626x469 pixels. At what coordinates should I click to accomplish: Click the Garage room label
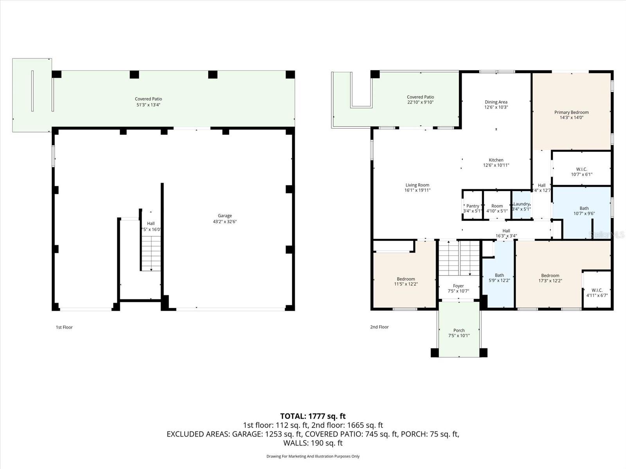click(225, 216)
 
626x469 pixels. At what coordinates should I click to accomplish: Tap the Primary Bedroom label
click(571, 113)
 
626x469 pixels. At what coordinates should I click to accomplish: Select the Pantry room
click(473, 206)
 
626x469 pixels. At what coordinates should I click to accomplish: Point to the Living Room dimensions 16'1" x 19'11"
click(417, 190)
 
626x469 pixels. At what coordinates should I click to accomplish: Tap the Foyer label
click(458, 286)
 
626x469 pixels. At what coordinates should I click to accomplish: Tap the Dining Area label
click(496, 102)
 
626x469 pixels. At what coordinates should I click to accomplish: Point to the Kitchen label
click(496, 160)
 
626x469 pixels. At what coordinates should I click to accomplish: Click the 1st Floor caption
click(64, 327)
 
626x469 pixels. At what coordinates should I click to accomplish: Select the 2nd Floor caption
click(379, 327)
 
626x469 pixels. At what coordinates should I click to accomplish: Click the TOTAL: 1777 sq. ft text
click(313, 416)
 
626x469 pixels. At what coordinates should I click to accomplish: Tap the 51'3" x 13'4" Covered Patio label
click(148, 102)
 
